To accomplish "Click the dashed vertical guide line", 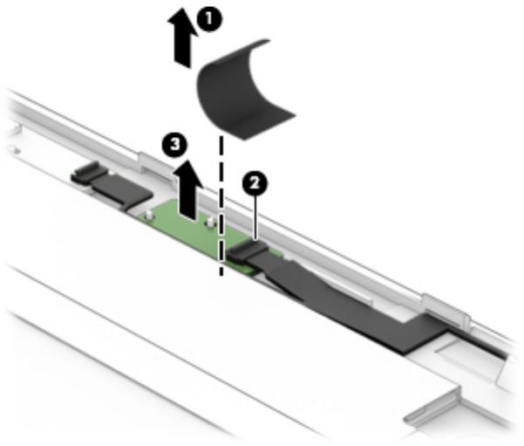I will coord(221,209).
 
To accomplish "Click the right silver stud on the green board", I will coord(210,223).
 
